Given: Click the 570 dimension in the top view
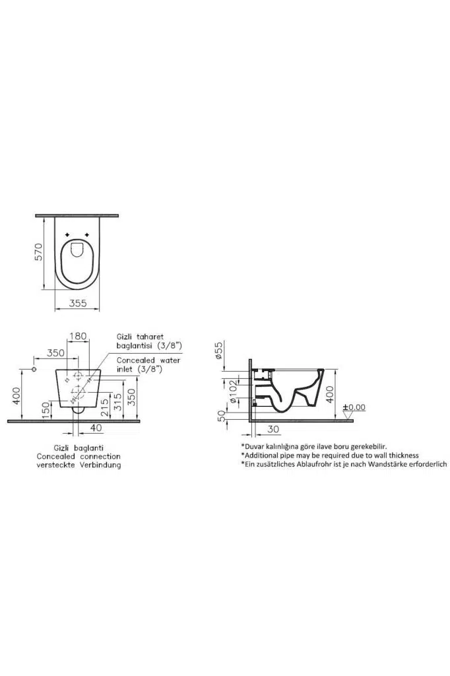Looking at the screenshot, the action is (39, 252).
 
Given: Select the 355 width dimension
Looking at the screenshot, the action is (78, 303).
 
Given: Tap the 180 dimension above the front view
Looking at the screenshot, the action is (78, 335).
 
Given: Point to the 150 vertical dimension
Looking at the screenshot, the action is (45, 410).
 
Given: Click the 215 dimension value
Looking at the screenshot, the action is (104, 407).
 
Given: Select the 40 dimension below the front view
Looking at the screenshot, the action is (96, 428).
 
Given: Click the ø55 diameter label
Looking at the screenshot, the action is (219, 350).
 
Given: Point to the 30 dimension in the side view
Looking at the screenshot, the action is (273, 429).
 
